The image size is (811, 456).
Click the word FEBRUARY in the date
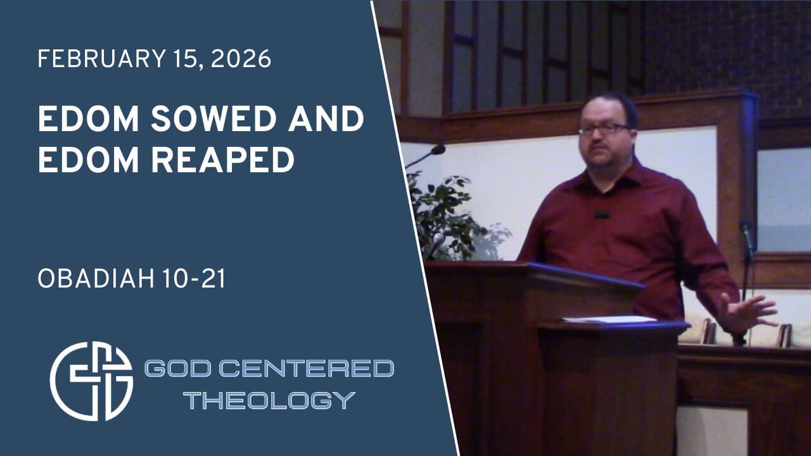pos(102,59)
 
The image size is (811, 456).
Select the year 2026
pos(241,59)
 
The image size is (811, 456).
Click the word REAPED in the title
pos(222,160)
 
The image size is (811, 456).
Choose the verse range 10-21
pos(194,279)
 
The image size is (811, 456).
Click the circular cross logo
pos(91,381)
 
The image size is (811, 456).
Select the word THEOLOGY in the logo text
pos(271,400)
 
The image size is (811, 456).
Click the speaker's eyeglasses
pos(603,129)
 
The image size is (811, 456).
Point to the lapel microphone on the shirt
pos(601,215)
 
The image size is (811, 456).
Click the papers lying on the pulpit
pos(611,320)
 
